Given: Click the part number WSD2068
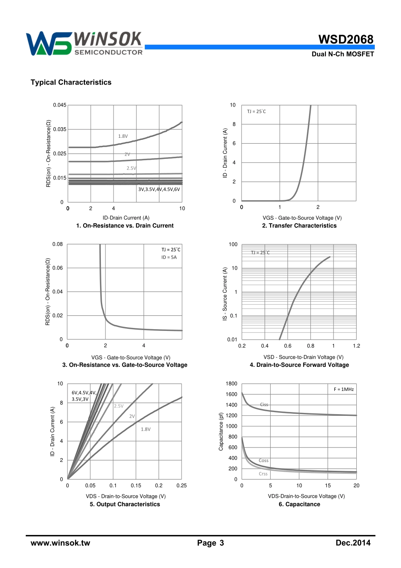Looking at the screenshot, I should pos(346,39).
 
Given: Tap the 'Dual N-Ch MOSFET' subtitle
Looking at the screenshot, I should pos(342,54).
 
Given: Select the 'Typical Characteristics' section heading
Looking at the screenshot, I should pos(71,82).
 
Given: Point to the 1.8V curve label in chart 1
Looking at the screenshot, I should pos(123,136).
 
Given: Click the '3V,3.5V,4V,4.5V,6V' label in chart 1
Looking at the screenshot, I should pos(159,189).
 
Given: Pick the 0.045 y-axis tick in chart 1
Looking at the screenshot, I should pos(60,105).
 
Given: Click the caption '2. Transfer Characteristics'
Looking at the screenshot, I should pos(299,226).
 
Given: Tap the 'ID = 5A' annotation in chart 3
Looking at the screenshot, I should pos(169,257).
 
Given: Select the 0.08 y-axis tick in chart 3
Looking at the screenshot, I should pos(57,244).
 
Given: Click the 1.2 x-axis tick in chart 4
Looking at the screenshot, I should pos(356,346).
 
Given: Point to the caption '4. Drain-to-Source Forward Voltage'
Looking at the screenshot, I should pos(299,365).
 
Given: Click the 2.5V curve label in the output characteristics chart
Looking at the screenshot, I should pos(119,406).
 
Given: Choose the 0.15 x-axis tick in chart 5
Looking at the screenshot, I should pos(136,486).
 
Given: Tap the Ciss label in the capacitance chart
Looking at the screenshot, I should pos(264,404).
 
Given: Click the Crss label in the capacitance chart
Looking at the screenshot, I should pos(263,474).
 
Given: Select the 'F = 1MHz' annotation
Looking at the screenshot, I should pos(344,389).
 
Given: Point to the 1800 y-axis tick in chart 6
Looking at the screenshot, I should pos(231,384).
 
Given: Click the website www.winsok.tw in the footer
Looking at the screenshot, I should pos(60,543).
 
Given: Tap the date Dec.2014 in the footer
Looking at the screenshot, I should pos(353,543).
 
